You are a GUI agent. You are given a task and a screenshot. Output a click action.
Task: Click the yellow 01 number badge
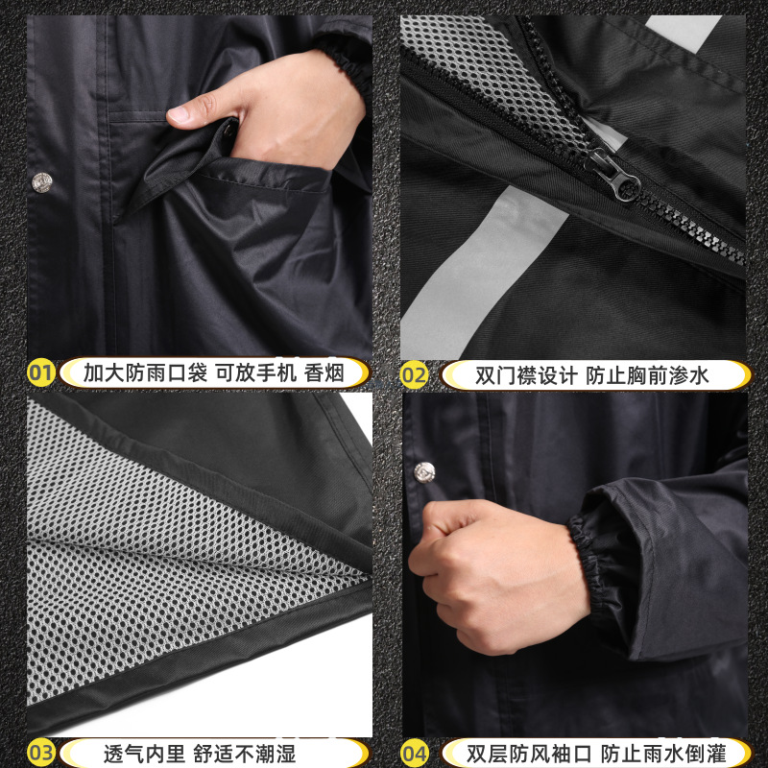(x=40, y=372)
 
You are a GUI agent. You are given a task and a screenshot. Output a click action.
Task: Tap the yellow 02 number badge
(x=415, y=373)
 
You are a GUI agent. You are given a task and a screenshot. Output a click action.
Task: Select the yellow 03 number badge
(x=40, y=751)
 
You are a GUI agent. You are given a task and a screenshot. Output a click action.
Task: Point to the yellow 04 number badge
(x=415, y=751)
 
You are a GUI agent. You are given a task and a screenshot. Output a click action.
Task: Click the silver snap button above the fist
(x=425, y=471)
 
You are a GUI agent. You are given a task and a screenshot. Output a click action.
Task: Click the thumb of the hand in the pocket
(x=192, y=114)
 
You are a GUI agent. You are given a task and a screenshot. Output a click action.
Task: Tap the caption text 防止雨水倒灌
(x=662, y=751)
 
